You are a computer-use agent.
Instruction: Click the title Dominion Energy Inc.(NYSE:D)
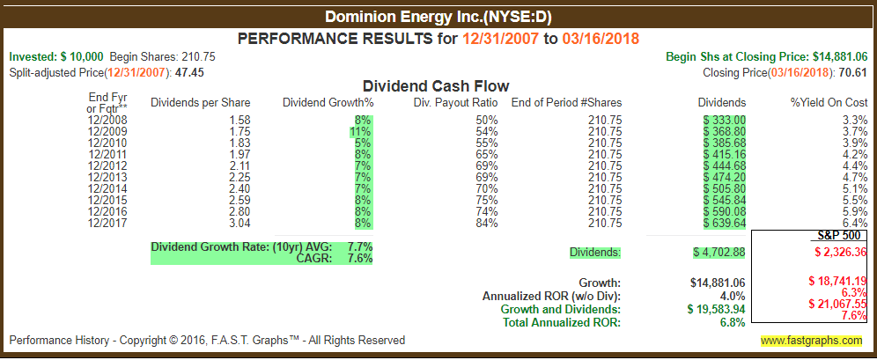click(x=438, y=18)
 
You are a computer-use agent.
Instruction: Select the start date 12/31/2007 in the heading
click(x=501, y=39)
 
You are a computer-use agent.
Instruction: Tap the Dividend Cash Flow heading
click(x=436, y=86)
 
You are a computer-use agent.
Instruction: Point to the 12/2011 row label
click(x=107, y=154)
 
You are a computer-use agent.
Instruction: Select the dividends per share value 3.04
click(x=240, y=223)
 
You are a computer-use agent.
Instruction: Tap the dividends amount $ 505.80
click(x=725, y=188)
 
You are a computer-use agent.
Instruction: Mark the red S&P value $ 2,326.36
click(x=836, y=252)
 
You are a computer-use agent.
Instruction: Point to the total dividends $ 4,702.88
click(x=719, y=252)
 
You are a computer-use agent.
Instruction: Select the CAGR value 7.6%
click(x=359, y=259)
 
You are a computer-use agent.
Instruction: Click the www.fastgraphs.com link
click(x=811, y=340)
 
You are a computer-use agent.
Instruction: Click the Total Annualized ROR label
click(x=562, y=322)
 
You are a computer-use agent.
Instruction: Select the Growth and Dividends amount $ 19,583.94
click(x=717, y=309)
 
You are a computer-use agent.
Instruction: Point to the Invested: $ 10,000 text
click(x=56, y=56)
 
